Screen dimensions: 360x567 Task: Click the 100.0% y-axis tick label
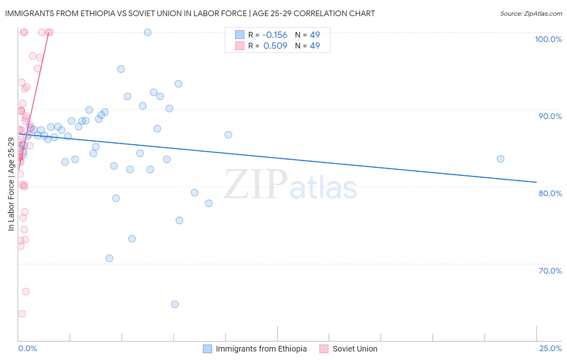coord(548,39)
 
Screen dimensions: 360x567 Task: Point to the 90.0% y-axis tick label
coord(550,116)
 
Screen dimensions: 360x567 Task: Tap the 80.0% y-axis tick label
coord(550,193)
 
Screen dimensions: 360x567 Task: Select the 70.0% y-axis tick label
coord(550,271)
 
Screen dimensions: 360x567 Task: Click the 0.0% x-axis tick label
coord(27,348)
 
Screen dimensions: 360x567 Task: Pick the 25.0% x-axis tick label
coord(550,348)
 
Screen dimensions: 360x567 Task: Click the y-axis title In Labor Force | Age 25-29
coord(11,184)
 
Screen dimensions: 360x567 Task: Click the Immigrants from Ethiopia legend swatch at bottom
coord(207,349)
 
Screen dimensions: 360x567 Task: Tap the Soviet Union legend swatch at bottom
coord(324,349)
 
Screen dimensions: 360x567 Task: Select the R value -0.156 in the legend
coord(275,35)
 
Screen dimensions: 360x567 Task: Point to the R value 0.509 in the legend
coord(275,46)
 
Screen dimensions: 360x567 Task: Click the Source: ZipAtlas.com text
coord(531,13)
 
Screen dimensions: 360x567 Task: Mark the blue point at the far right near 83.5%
coord(500,159)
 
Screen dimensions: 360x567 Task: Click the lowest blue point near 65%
coord(175,304)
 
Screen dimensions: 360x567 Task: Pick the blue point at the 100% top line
coord(148,32)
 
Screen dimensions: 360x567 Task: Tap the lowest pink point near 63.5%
coord(22,314)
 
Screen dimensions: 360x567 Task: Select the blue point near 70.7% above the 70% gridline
coord(109,258)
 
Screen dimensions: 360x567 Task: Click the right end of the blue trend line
coord(536,182)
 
